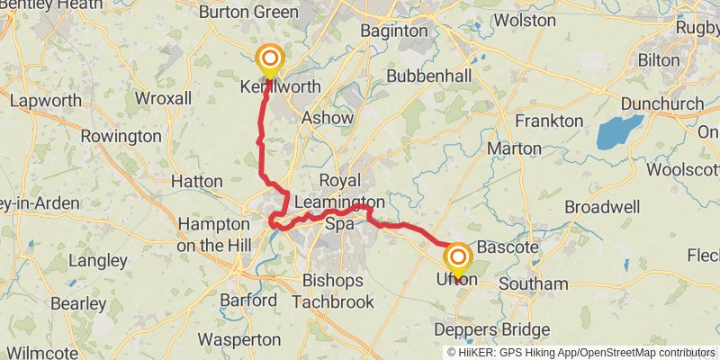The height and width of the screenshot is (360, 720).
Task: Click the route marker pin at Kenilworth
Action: [269, 62]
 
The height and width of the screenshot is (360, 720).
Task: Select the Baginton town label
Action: [394, 31]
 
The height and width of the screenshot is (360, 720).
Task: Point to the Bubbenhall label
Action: [429, 76]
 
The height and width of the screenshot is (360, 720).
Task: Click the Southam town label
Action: [534, 284]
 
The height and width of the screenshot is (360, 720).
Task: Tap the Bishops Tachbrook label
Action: [338, 291]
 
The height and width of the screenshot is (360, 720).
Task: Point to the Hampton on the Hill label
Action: [213, 232]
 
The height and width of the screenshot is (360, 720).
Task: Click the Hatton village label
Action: [196, 182]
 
